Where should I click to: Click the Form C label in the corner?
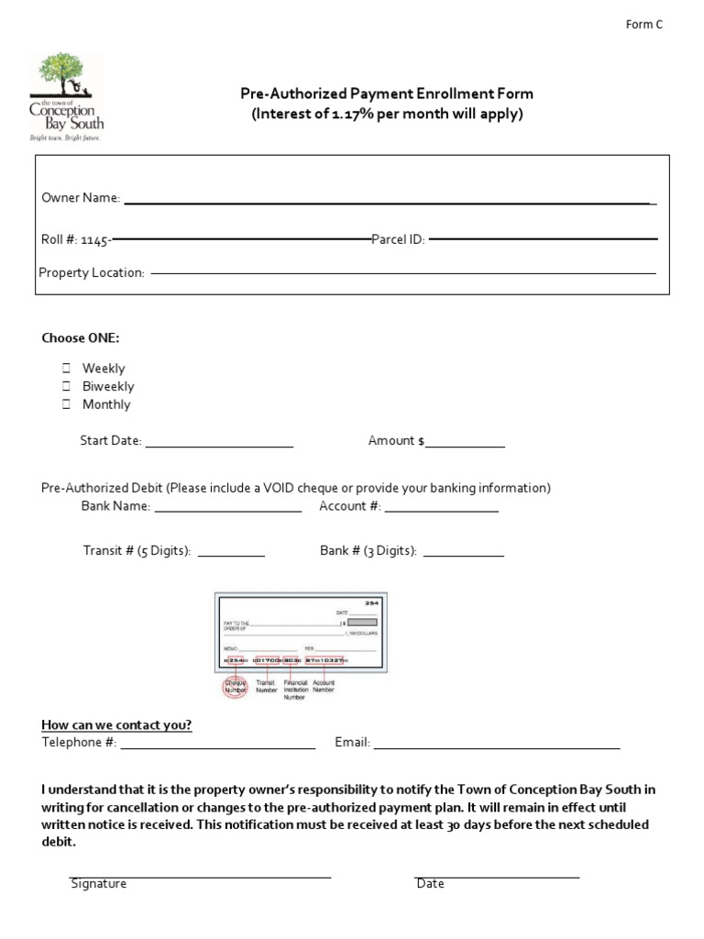(643, 25)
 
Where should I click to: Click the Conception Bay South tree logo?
(66, 95)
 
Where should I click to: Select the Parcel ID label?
(398, 239)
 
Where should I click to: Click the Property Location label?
(92, 272)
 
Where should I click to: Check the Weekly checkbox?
(67, 369)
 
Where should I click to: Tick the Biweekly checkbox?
(67, 387)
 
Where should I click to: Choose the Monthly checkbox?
(67, 404)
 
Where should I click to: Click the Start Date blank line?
(219, 444)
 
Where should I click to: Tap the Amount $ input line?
(465, 444)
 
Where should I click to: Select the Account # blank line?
(441, 509)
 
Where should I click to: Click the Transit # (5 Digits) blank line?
(231, 554)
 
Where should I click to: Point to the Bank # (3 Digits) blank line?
(463, 554)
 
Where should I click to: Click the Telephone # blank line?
(218, 746)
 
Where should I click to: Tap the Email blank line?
(497, 746)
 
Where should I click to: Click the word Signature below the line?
(98, 884)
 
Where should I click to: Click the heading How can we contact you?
(116, 724)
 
